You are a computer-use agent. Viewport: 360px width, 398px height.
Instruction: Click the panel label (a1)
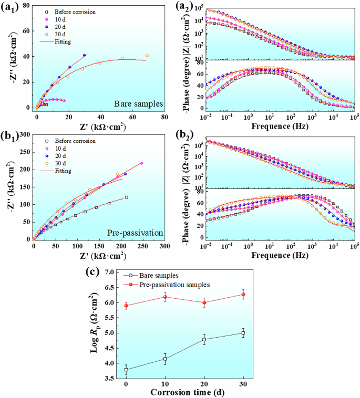12,8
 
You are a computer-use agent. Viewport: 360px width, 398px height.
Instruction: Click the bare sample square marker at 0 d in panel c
126,370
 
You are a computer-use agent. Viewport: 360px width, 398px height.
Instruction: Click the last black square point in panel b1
127,197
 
